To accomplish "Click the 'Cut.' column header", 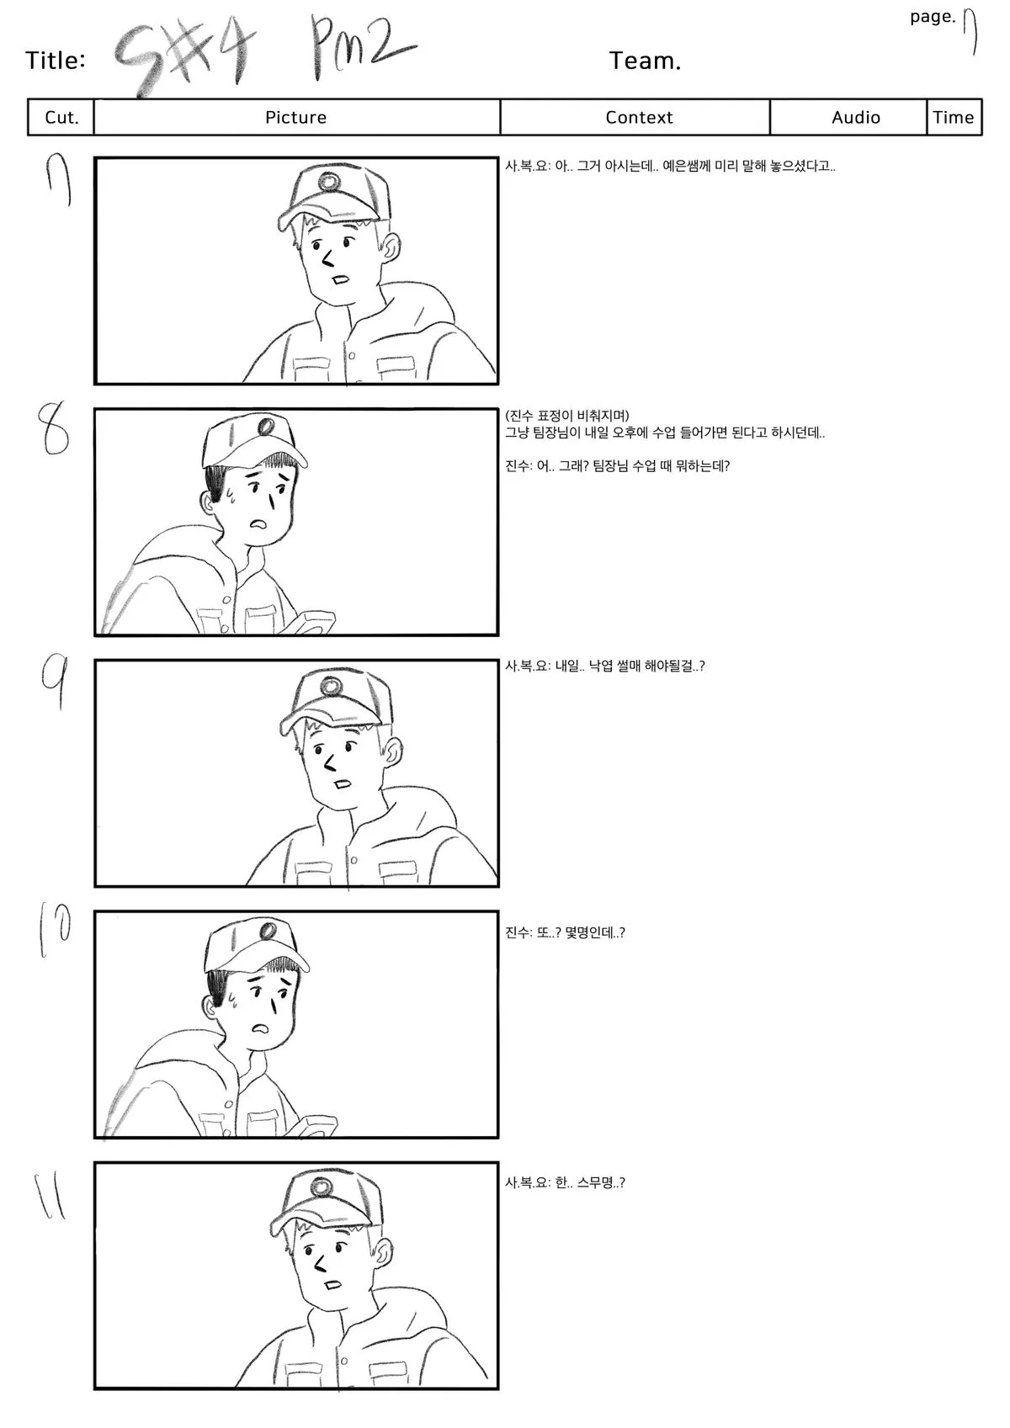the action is click(x=61, y=117).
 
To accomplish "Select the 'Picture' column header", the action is click(x=296, y=117).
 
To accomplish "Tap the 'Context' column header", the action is click(x=639, y=117).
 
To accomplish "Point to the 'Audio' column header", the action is click(x=856, y=117).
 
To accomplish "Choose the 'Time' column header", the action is click(x=954, y=117).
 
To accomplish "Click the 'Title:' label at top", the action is click(x=56, y=61).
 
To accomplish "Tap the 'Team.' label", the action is click(x=645, y=61).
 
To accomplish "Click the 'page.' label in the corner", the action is click(x=933, y=17).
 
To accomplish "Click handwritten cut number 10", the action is click(x=55, y=931).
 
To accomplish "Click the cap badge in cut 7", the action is click(x=329, y=182).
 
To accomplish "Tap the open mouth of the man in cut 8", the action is click(x=259, y=524).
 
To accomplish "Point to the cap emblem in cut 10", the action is click(x=268, y=931).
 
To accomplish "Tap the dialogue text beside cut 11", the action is click(x=565, y=1182).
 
